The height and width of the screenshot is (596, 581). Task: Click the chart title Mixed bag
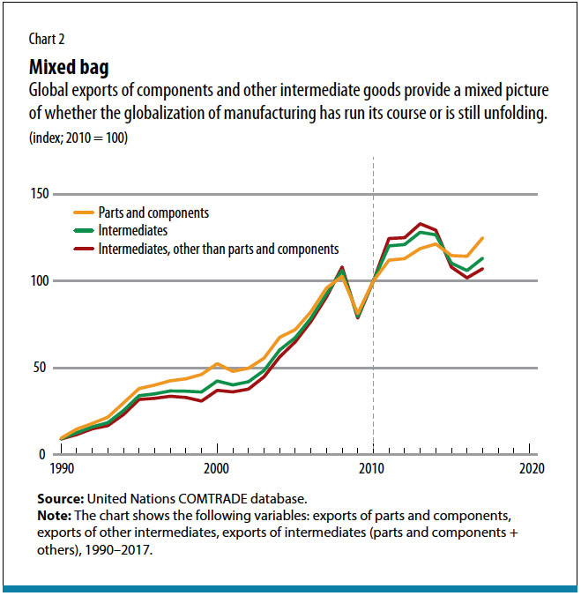coord(71,67)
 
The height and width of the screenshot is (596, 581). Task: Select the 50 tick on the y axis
coord(39,368)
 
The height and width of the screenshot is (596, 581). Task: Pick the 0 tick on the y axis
coord(42,454)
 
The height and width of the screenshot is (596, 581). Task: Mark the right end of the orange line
coord(483,238)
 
